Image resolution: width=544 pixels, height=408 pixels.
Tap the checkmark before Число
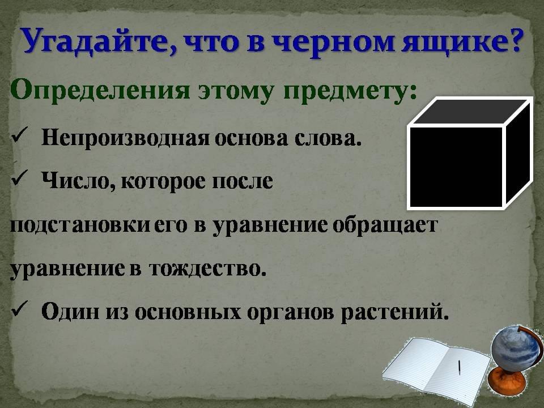[18, 179]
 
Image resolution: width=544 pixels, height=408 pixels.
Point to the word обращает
[385, 226]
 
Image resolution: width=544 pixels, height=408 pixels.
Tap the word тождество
[207, 269]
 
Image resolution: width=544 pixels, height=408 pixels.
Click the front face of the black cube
[457, 167]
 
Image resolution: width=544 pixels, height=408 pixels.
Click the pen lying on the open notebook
[459, 367]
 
